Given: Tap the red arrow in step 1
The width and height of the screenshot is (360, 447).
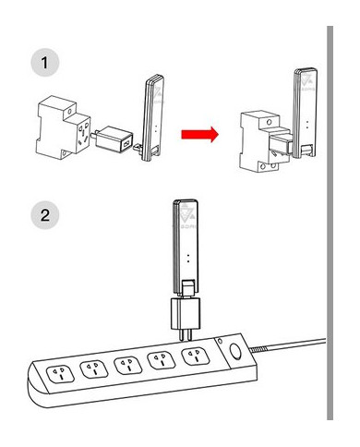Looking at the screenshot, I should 198,135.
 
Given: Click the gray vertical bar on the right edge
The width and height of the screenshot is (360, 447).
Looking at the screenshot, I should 330,222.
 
